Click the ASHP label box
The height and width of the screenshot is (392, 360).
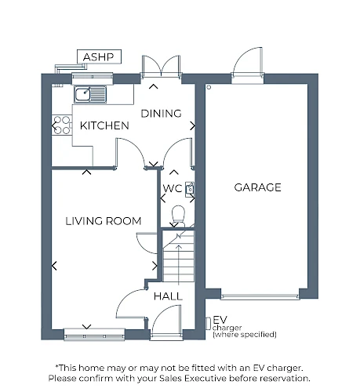[99, 56]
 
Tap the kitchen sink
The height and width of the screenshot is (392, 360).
[90, 94]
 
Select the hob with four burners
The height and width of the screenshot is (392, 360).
[62, 125]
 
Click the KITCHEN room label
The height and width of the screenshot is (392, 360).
[104, 125]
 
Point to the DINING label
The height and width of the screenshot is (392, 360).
[161, 114]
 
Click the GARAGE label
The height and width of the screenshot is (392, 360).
[257, 187]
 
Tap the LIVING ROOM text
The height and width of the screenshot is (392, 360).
[104, 221]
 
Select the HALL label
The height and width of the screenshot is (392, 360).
[168, 296]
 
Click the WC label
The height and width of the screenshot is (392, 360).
[173, 188]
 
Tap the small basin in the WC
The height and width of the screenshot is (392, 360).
[190, 189]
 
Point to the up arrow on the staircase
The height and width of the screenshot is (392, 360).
[179, 265]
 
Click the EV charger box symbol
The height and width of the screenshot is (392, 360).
[208, 324]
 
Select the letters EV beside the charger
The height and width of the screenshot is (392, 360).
[220, 320]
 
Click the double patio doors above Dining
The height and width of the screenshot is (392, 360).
[161, 67]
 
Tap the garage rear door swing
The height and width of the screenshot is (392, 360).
[248, 62]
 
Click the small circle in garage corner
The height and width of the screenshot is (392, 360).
[209, 87]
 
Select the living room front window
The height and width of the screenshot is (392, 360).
[94, 335]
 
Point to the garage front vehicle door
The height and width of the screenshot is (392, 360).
[260, 296]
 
